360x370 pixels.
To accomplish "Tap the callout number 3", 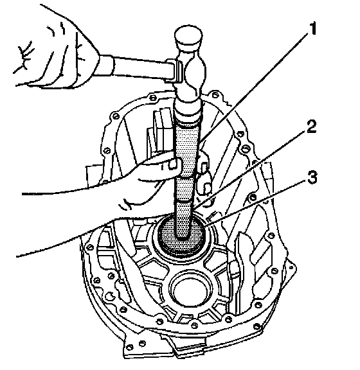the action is click(x=312, y=177).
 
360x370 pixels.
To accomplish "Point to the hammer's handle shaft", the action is click(x=141, y=69).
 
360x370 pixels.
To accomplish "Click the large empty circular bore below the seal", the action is click(x=191, y=292).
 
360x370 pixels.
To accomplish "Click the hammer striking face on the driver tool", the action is click(x=188, y=111).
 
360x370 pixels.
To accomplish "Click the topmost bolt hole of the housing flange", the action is click(x=215, y=95).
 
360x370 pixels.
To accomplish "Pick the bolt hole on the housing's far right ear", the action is click(x=291, y=268).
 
